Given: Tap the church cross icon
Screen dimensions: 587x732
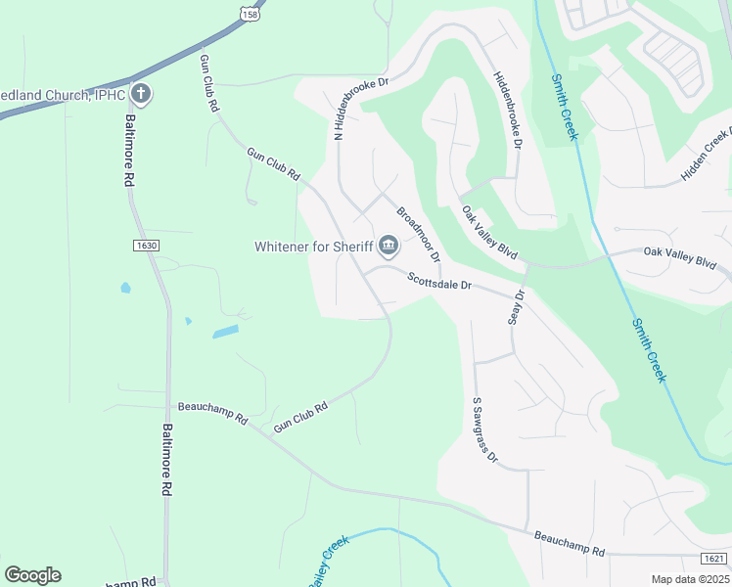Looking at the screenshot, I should click(142, 95).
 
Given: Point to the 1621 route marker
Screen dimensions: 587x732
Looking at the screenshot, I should click(714, 558).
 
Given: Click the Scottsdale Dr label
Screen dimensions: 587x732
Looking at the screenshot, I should click(440, 282).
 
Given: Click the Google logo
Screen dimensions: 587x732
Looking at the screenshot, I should click(32, 575).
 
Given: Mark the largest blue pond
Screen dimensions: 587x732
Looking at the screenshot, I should click(225, 333).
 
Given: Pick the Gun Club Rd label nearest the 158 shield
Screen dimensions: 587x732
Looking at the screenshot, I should click(208, 83).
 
